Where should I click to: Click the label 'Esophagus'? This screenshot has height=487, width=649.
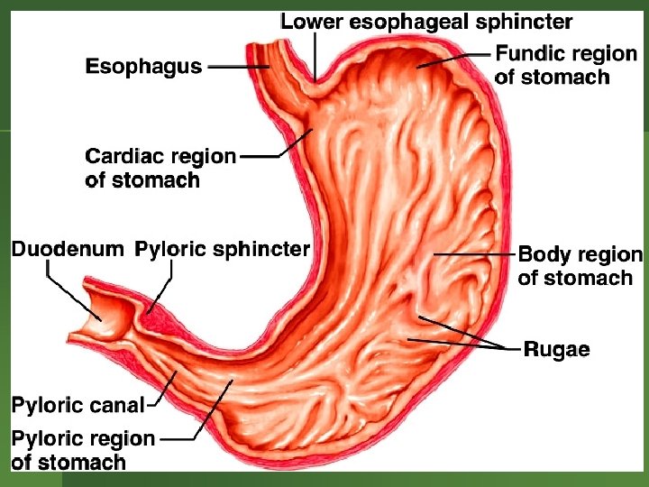(143, 67)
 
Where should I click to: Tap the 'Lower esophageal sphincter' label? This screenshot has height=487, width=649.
(426, 20)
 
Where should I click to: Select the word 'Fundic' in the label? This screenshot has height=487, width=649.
(530, 54)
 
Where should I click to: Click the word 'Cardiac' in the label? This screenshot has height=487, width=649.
(123, 157)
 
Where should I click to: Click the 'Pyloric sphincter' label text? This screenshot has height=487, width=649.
(222, 249)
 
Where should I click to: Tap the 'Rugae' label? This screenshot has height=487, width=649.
(557, 349)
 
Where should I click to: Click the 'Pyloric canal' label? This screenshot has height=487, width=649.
(78, 406)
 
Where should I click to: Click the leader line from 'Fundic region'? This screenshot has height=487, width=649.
(460, 58)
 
